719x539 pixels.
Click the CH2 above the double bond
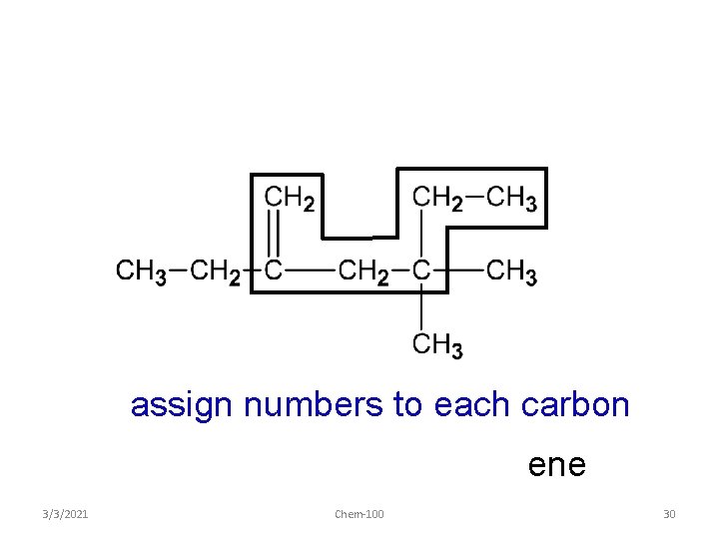click(x=290, y=199)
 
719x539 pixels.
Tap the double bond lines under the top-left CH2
click(x=274, y=237)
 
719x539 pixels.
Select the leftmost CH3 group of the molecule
click(x=141, y=271)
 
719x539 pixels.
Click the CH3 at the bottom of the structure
click(x=437, y=346)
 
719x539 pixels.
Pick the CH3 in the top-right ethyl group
click(x=511, y=199)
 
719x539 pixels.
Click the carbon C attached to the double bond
click(x=273, y=270)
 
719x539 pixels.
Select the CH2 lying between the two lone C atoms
click(x=363, y=271)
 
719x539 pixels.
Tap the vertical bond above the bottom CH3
click(x=421, y=309)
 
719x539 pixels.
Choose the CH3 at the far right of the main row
click(x=511, y=271)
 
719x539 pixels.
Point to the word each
click(x=477, y=405)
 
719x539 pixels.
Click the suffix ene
click(x=556, y=466)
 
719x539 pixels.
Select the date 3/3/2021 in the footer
click(x=67, y=514)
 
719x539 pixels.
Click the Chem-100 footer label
click(x=359, y=514)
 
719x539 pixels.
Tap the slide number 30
click(x=669, y=514)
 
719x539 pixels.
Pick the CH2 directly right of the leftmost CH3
click(x=215, y=271)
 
